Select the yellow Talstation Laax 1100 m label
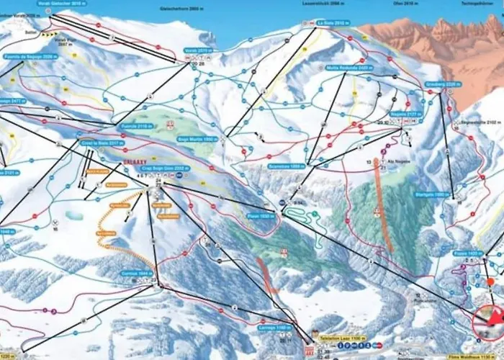tap(343, 338)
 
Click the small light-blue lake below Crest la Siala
tap(74, 215)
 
